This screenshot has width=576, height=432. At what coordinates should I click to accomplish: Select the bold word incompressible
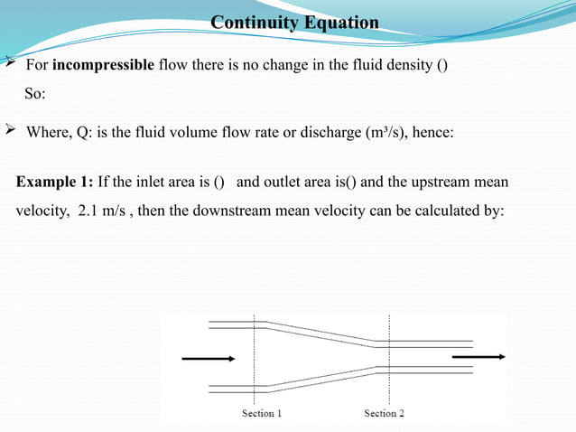[x=103, y=67]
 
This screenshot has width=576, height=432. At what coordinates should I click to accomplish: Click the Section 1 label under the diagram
[x=262, y=413]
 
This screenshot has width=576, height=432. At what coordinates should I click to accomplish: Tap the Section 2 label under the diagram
[x=384, y=413]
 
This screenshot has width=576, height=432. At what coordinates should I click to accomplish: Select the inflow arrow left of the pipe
[x=208, y=359]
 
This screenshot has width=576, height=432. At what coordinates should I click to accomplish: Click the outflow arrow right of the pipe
[x=478, y=357]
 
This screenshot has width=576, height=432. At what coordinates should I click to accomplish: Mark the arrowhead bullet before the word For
[x=9, y=66]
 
